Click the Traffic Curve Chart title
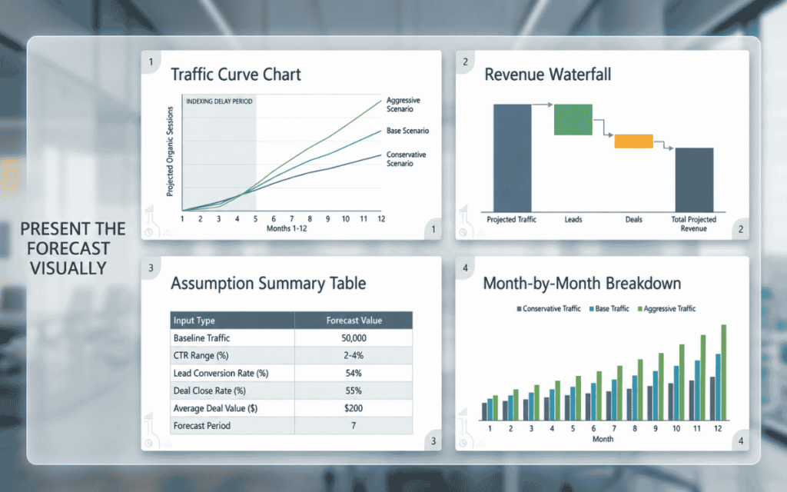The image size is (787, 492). pyautogui.click(x=235, y=75)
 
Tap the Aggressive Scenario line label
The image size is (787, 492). pyautogui.click(x=403, y=105)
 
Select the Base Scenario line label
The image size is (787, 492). pyautogui.click(x=407, y=131)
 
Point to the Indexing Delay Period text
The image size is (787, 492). pyautogui.click(x=219, y=101)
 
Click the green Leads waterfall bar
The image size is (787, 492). pyautogui.click(x=573, y=119)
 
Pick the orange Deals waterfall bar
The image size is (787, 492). pyautogui.click(x=633, y=141)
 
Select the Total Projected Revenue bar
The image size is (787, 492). pyautogui.click(x=694, y=180)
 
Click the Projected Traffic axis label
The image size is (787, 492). pyautogui.click(x=511, y=219)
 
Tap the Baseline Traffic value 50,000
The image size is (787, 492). pyautogui.click(x=354, y=338)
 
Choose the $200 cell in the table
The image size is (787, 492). pyautogui.click(x=354, y=408)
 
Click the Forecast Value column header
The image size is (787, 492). pyautogui.click(x=354, y=321)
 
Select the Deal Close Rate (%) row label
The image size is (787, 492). pyautogui.click(x=209, y=391)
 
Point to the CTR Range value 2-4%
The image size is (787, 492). pyautogui.click(x=354, y=355)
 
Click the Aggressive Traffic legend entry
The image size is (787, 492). pyautogui.click(x=666, y=309)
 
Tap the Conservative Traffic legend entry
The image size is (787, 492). pyautogui.click(x=549, y=309)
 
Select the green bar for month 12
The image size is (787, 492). pyautogui.click(x=724, y=373)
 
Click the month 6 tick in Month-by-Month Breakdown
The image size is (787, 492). pyautogui.click(x=593, y=428)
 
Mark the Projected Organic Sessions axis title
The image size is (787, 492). pyautogui.click(x=170, y=151)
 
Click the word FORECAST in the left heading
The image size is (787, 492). pyautogui.click(x=68, y=248)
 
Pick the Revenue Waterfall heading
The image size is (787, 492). pyautogui.click(x=547, y=75)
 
